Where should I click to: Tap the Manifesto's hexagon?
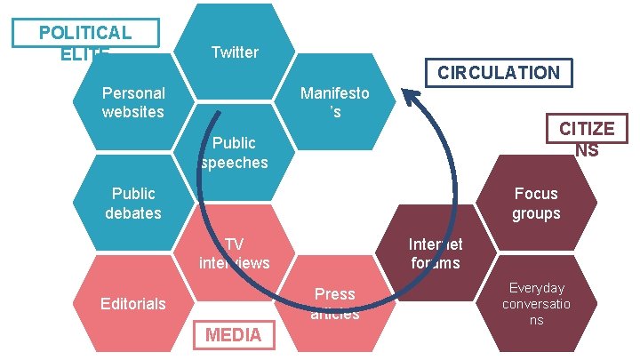tap(335, 102)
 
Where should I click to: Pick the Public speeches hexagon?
tap(235, 152)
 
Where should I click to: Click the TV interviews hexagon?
tap(235, 252)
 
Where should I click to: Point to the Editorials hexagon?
tap(133, 303)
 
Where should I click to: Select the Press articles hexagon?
tap(335, 303)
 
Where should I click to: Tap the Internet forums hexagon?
tap(435, 253)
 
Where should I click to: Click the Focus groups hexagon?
tap(536, 203)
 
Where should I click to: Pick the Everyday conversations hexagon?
tap(536, 303)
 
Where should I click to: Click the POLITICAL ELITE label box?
tap(85, 33)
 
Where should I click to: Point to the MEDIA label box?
tap(234, 335)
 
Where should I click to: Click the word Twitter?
tap(235, 52)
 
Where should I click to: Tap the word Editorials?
tap(133, 303)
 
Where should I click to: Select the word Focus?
tap(536, 193)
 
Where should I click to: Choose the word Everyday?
tap(536, 288)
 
